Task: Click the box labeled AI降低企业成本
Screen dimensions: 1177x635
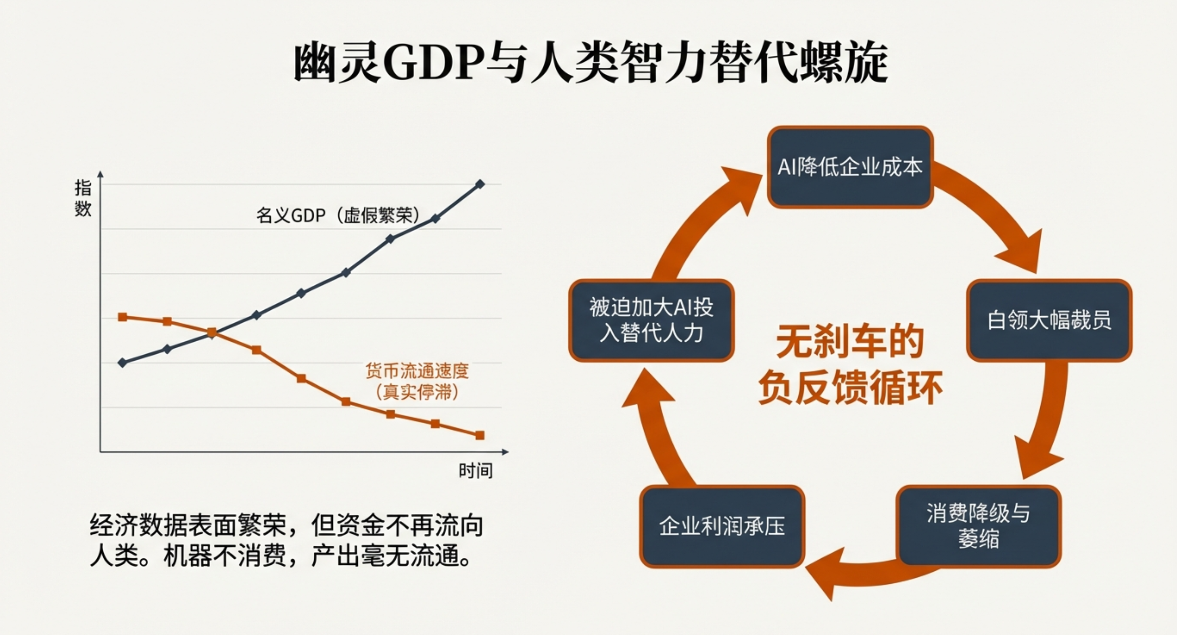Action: click(x=850, y=167)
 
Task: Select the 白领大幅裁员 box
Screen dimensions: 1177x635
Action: click(x=1049, y=321)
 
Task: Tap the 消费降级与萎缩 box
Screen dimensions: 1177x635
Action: click(x=978, y=526)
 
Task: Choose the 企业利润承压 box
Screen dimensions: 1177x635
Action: click(x=722, y=526)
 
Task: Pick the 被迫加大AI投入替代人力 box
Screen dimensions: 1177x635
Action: click(x=651, y=321)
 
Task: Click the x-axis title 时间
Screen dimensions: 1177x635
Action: click(x=476, y=470)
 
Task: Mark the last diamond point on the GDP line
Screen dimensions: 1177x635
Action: click(x=480, y=184)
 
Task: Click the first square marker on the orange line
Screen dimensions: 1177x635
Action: click(x=123, y=317)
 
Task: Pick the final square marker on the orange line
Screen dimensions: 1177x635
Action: click(x=480, y=435)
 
